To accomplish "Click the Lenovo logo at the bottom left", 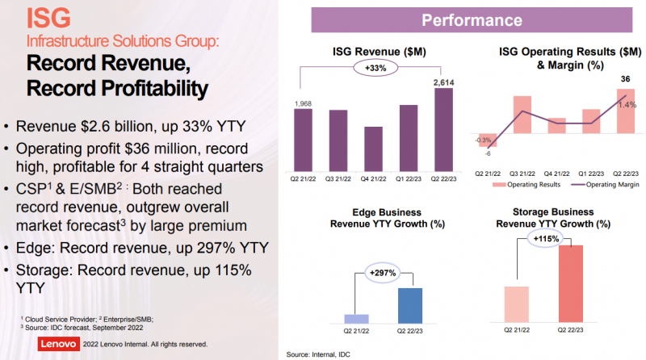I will [x=58, y=344].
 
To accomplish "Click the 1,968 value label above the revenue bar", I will [x=304, y=103].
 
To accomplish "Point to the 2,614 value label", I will [x=443, y=82].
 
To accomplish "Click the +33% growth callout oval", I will [x=373, y=68].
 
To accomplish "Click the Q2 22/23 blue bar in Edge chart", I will [x=410, y=305].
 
